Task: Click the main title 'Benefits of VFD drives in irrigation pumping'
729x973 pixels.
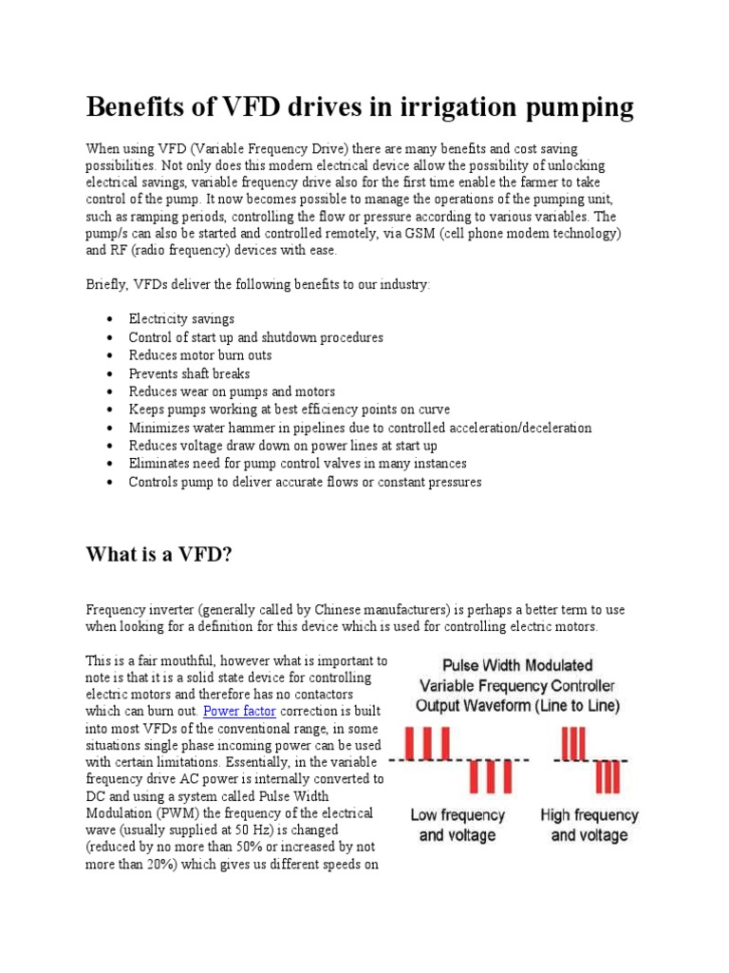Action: [360, 107]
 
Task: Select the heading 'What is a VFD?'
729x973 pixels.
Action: [159, 554]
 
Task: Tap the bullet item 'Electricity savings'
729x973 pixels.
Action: [181, 319]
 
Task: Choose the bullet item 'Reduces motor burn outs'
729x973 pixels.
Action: [200, 355]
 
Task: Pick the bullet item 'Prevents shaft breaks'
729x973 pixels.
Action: [189, 373]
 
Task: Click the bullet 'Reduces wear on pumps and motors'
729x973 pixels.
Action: [232, 391]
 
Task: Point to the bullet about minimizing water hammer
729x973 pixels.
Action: [360, 428]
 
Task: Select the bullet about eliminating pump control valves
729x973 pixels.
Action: [297, 464]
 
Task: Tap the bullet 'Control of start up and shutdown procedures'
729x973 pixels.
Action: [256, 337]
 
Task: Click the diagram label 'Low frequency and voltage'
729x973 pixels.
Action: [458, 825]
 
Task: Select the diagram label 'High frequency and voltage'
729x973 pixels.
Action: [589, 825]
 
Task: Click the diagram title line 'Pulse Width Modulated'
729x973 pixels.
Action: [515, 665]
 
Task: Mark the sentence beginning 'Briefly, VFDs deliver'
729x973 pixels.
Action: [258, 285]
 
